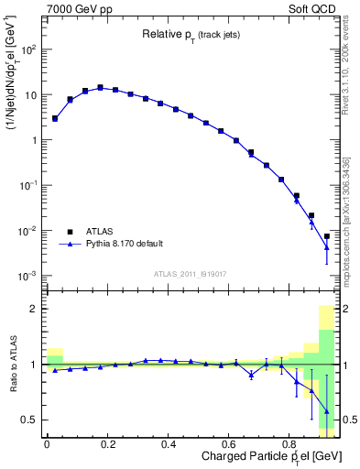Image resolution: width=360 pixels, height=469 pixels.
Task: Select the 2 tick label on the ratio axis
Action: point(32,309)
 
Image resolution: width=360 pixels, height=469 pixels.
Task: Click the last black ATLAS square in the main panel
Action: point(326,236)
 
